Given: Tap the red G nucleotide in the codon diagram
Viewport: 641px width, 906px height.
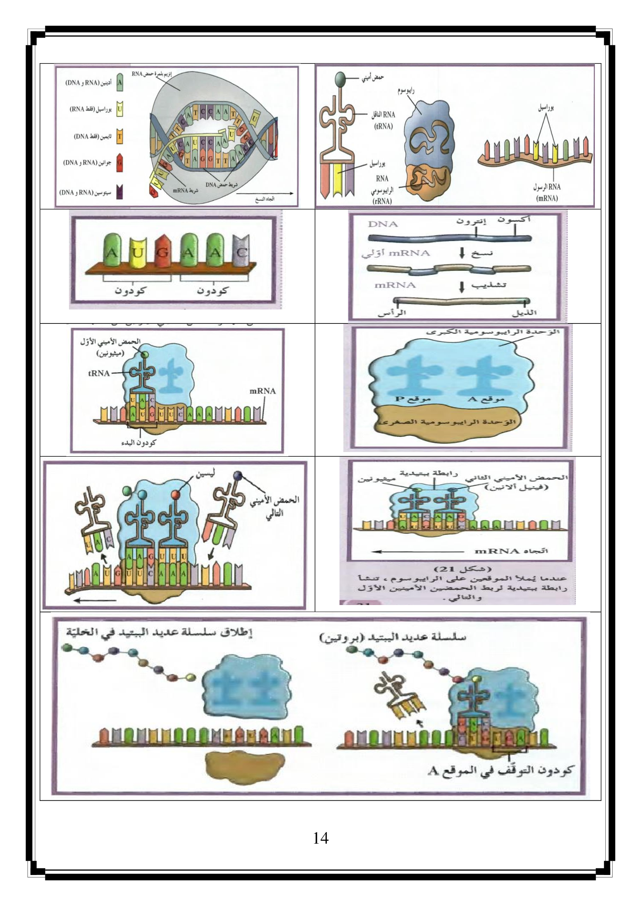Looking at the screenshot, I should [162, 251].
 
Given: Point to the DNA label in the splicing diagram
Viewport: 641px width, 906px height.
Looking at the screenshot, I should [383, 224].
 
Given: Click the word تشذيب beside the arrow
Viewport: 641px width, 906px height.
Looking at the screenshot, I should [489, 285].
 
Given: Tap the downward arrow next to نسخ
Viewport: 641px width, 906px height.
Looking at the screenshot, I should [462, 253].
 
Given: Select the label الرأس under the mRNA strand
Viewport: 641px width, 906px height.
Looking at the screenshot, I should [391, 313].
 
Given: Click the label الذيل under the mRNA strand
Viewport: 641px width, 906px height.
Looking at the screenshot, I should [524, 313].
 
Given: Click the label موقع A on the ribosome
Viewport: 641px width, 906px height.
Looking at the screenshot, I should [486, 399].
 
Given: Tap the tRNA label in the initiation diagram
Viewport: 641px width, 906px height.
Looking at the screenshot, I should [99, 373].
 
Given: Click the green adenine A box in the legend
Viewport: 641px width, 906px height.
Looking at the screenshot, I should [120, 83].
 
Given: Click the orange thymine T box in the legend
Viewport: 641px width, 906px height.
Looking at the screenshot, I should [120, 136].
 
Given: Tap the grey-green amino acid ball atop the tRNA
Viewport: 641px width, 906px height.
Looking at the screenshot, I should [340, 79].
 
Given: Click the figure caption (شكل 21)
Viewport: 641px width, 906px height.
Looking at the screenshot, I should [462, 569].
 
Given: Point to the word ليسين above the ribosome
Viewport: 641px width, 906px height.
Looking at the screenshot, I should [205, 475].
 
